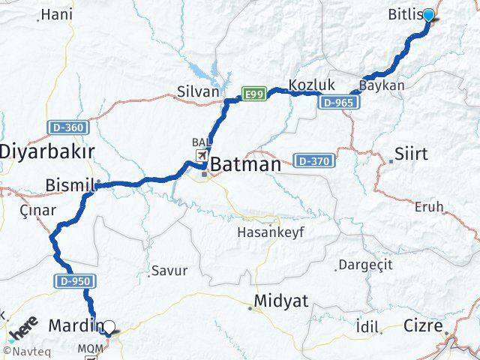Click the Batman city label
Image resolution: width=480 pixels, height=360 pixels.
click(246, 164)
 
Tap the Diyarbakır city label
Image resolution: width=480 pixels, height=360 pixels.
click(46, 151)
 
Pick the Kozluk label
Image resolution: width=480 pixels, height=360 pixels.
click(311, 85)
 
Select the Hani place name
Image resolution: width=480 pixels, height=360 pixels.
click(55, 14)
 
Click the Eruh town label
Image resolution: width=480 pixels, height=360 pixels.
click(429, 206)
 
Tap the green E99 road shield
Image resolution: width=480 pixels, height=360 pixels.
click(253, 94)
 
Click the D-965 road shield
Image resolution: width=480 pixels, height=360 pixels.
click(334, 102)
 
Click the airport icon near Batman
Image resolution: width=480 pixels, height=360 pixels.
click(202, 155)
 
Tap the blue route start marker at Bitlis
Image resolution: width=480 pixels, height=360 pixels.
click(428, 15)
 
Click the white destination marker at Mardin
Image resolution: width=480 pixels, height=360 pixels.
click(109, 327)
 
